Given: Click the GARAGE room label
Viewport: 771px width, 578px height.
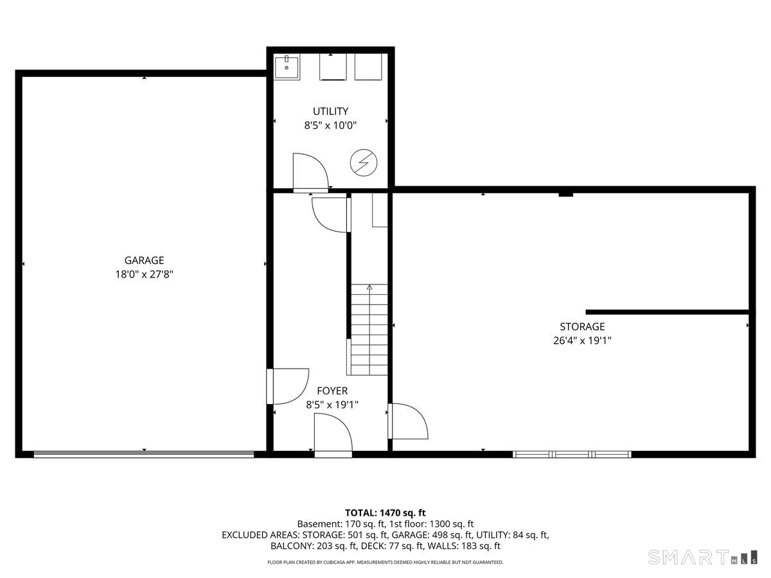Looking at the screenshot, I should click(144, 260).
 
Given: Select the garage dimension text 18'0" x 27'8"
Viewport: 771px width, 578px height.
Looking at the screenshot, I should click(144, 274).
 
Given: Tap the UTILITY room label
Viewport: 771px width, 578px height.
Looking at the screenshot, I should click(330, 111).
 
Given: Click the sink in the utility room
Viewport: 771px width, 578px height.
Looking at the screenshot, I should click(287, 67).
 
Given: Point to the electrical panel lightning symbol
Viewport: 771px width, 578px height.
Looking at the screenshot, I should click(362, 162).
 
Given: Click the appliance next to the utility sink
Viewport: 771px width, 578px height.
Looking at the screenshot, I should click(333, 67).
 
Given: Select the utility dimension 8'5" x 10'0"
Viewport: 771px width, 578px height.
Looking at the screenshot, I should click(330, 126).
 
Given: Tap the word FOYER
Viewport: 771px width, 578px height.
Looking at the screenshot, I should click(332, 390).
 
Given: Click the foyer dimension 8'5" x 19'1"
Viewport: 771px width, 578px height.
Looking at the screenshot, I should click(332, 405).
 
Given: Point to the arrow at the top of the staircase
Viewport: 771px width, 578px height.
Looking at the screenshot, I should click(369, 288).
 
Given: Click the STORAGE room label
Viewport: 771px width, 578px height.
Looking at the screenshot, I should click(582, 326).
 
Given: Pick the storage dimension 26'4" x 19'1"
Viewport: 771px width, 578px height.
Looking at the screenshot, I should click(582, 341).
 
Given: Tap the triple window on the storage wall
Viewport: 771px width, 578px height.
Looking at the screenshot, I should click(572, 454).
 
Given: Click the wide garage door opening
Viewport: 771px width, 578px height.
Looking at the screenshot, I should click(144, 454).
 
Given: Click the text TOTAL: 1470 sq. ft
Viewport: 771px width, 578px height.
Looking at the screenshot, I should click(385, 512).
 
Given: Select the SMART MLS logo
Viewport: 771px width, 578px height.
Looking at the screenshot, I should click(700, 557).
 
